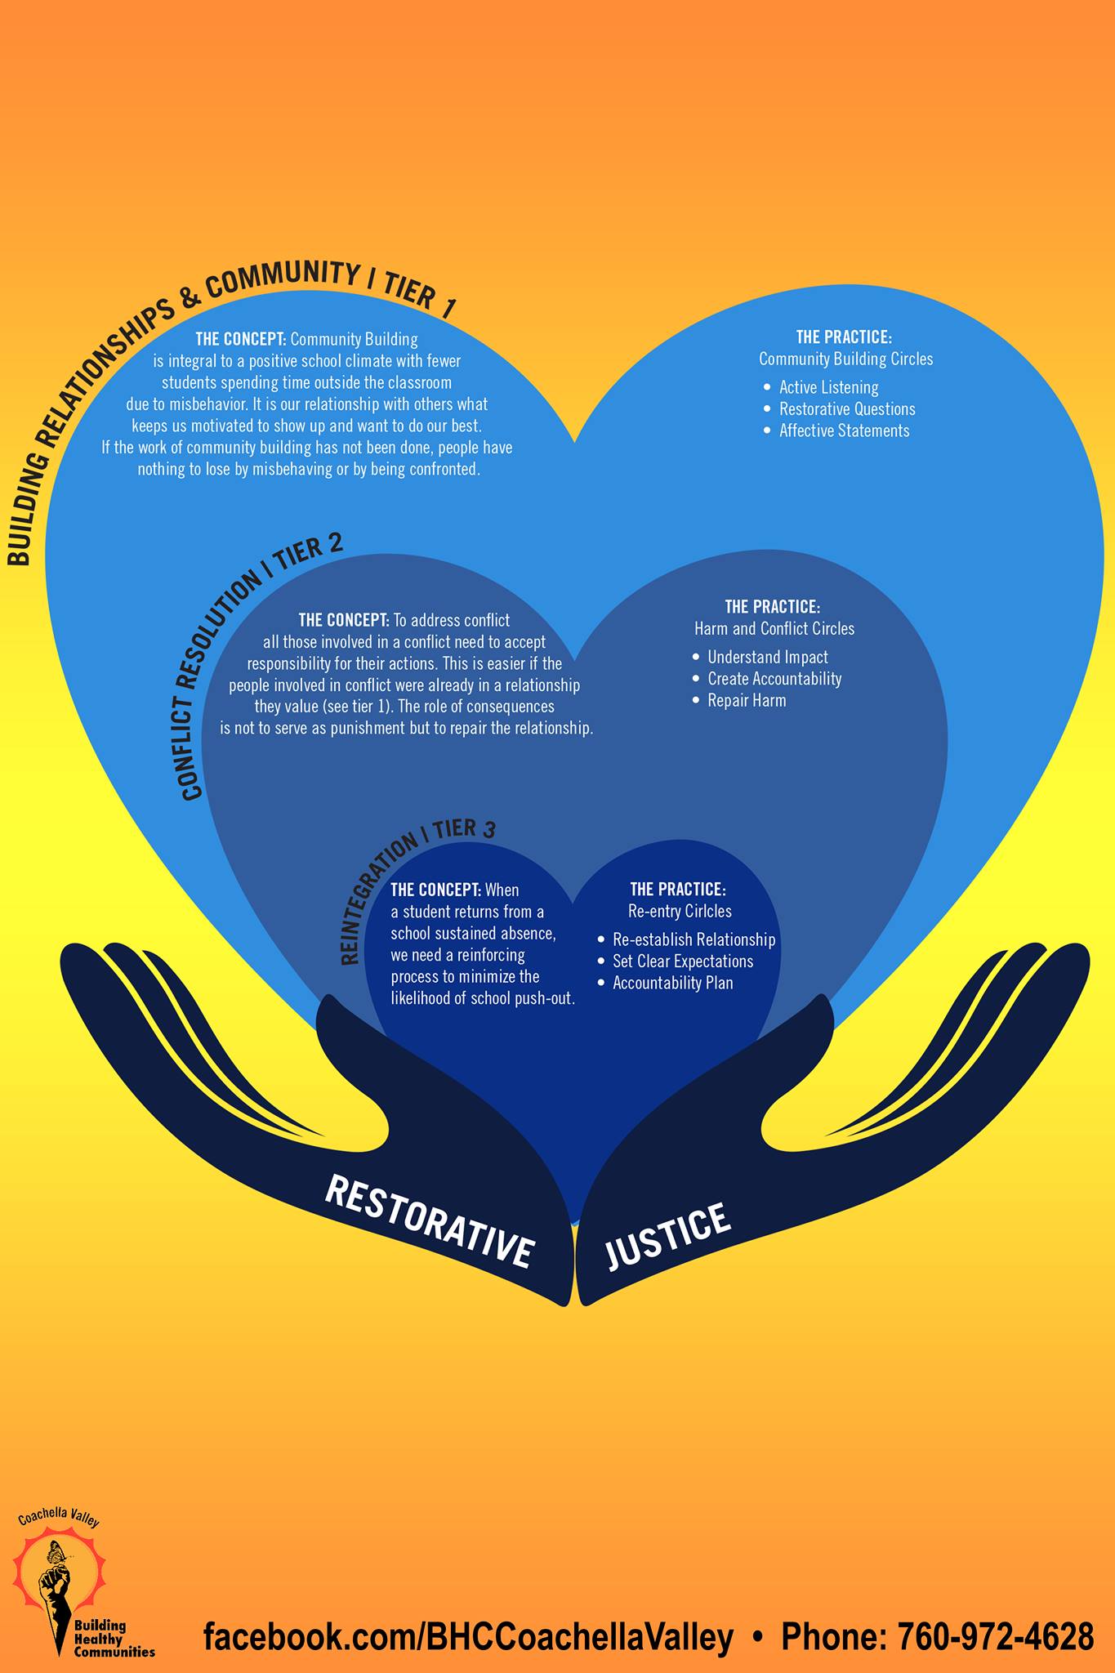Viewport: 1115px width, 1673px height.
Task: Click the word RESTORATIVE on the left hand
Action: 430,1221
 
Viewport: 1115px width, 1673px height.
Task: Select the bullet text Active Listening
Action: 828,387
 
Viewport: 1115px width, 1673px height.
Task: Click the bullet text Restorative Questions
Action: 846,409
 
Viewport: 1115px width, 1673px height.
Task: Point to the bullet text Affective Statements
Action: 844,431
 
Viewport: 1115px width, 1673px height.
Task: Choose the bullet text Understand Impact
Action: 767,657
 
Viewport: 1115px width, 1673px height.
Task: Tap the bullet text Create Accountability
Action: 774,679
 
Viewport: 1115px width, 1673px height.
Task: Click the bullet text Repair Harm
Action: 747,700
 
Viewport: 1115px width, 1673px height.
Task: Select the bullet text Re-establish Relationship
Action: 694,939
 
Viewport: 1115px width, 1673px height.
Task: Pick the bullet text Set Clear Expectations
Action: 682,961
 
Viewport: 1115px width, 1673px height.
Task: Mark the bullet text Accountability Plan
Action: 672,983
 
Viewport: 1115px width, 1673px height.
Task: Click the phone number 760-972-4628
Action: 995,1637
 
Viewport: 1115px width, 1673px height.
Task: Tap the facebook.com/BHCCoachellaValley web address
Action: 468,1637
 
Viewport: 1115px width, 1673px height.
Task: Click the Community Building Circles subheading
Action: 845,359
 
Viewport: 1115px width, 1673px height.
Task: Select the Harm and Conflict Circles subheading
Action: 774,628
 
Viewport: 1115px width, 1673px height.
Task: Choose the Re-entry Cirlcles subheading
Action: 679,911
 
